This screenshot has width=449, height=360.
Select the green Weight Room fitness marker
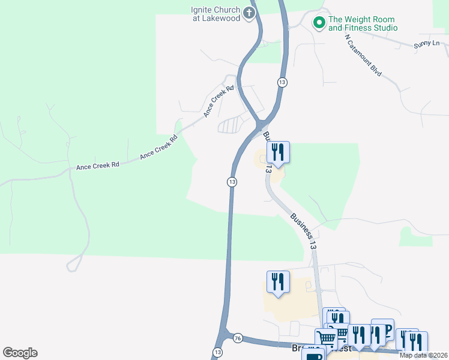pos(319,23)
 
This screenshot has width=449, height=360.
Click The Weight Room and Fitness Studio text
pos(363,23)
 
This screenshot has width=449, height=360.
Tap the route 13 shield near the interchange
pos(281,82)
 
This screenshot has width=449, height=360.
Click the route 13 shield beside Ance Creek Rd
pos(232,181)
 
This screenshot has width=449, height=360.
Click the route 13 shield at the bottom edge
pos(217,352)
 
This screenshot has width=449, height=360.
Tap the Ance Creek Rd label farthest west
pos(98,165)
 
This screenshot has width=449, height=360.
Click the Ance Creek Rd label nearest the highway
pos(218,101)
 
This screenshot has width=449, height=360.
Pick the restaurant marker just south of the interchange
pos(277,152)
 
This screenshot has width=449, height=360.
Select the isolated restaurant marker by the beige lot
pos(278,281)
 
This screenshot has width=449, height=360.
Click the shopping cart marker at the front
pos(326,338)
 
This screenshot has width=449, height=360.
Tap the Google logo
pos(20,353)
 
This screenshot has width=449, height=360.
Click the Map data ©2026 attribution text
pos(424,355)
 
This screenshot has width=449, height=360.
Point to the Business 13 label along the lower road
pos(303,232)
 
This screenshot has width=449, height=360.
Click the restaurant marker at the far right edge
pos(415,341)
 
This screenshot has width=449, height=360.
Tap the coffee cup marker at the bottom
pos(312,357)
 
